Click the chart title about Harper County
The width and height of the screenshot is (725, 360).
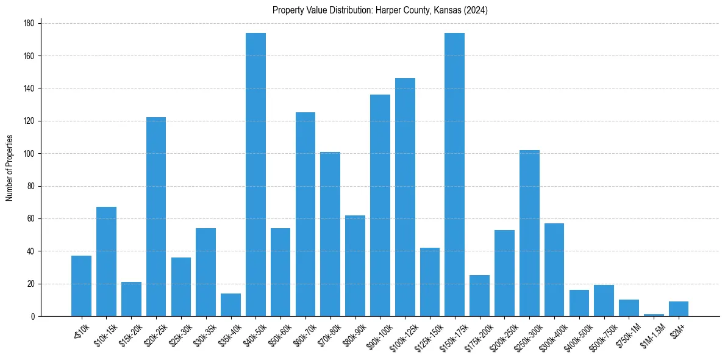380,10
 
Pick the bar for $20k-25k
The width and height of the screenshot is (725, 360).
156,217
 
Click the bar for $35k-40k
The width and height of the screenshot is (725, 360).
230,305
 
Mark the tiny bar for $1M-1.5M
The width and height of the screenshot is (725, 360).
654,315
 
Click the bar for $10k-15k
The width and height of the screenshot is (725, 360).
106,262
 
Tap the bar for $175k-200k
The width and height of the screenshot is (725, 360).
479,296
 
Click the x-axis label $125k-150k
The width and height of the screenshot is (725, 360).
426,333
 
